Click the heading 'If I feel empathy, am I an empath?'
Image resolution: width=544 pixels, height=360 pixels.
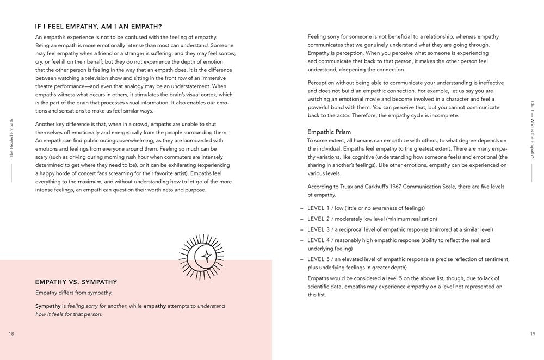point(98,26)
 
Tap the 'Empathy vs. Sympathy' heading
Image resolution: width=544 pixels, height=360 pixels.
point(76,282)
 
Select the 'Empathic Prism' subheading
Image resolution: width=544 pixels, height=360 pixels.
point(329,132)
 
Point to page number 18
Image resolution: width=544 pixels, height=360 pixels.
point(11,334)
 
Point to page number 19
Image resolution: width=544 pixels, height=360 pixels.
point(532,334)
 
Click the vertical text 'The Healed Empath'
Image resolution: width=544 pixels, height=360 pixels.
point(12,138)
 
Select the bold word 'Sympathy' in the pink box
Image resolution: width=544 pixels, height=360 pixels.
point(47,306)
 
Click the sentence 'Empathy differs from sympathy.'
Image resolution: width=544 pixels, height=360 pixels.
point(73,293)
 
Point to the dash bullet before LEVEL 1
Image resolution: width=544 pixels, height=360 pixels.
point(302,208)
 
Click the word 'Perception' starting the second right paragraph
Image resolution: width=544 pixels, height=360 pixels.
point(322,82)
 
